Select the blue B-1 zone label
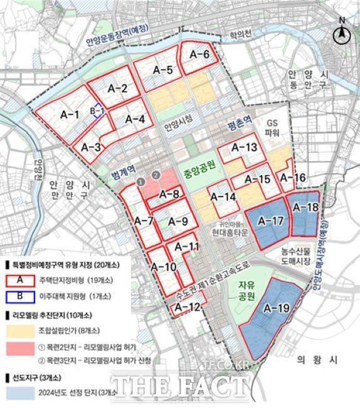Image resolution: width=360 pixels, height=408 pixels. point(97,111)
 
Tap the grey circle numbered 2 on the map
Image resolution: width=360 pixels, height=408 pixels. point(156,174)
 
